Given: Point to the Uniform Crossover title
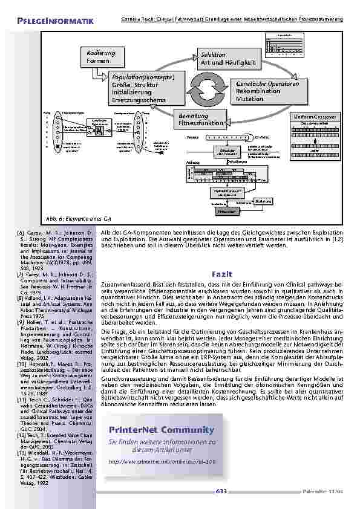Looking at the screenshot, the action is [316, 116].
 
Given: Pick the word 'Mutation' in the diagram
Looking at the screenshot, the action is [249, 99].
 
